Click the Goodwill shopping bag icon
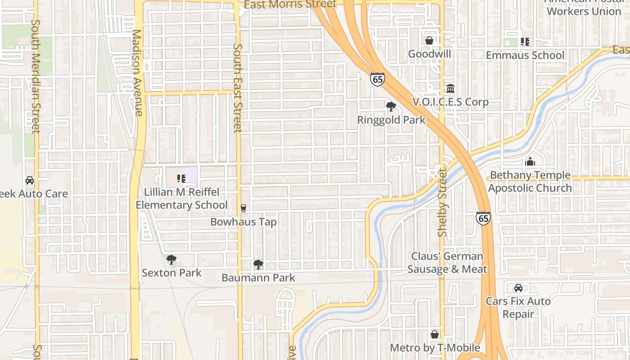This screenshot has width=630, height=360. point(429,40)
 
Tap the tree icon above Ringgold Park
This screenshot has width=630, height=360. point(391,107)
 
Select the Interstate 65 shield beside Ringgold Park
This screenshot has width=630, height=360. point(378,79)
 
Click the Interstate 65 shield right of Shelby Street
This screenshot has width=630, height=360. point(483,219)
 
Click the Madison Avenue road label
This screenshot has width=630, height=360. point(138,72)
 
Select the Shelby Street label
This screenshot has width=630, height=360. point(443,202)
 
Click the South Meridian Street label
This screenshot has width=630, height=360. point(36,76)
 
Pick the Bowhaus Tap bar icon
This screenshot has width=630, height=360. point(243,208)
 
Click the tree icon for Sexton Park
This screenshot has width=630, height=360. point(171,260)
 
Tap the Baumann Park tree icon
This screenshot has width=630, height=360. point(258,265)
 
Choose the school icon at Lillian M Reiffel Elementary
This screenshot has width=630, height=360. point(181,179)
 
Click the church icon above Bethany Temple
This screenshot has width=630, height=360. point(530,162)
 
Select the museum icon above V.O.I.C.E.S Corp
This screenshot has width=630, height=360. point(450,88)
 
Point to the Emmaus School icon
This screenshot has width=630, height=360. point(525,42)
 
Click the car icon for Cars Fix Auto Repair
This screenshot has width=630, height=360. point(518,288)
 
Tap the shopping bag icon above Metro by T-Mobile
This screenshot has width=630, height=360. point(435,334)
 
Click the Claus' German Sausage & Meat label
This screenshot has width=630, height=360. point(447,263)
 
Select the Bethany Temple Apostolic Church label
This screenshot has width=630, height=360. point(530,182)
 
